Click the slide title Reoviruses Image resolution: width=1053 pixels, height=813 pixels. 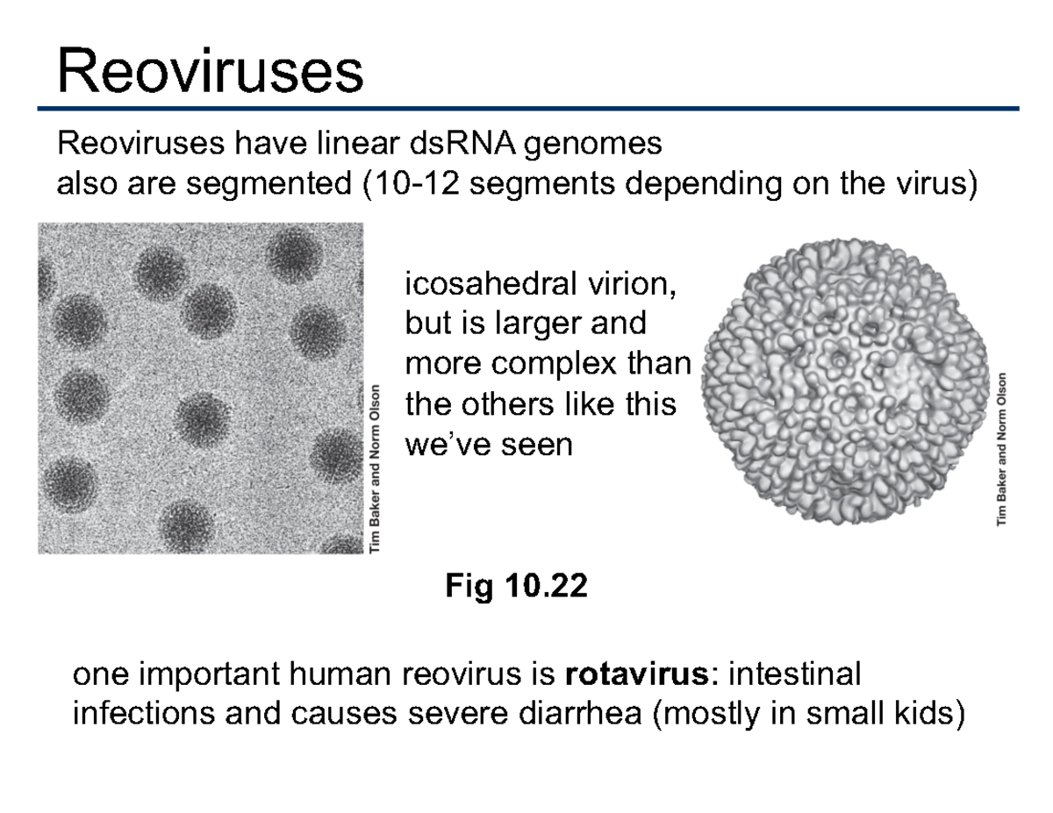(210, 71)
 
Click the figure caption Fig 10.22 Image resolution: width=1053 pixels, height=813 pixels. (516, 586)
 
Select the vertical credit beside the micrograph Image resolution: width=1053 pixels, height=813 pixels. (376, 469)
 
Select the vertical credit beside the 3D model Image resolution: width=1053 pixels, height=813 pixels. (1003, 449)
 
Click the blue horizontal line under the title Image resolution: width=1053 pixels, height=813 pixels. (526, 109)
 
